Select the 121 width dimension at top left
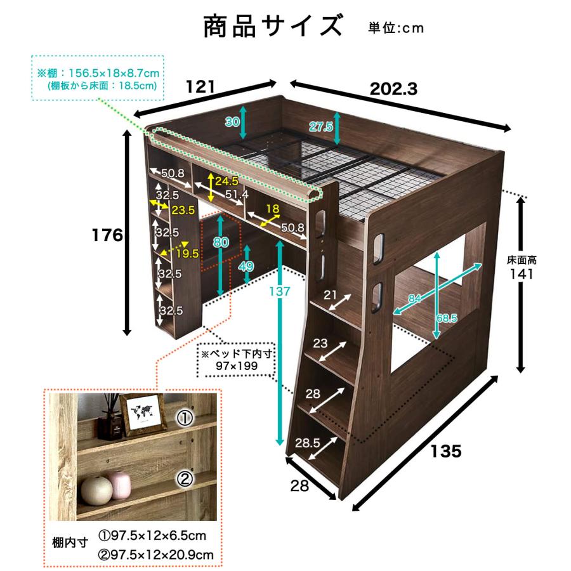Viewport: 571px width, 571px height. pyautogui.click(x=200, y=86)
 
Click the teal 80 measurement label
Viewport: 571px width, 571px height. pyautogui.click(x=220, y=242)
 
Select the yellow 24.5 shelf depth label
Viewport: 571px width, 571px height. pyautogui.click(x=226, y=181)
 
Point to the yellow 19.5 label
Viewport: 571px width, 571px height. pyautogui.click(x=187, y=254)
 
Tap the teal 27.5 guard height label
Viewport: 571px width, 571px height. pyautogui.click(x=321, y=127)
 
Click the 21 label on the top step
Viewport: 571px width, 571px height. pyautogui.click(x=331, y=294)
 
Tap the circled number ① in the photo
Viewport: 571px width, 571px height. pyautogui.click(x=184, y=418)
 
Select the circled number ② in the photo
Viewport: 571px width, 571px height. pyautogui.click(x=184, y=480)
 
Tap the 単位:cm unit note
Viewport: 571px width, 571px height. pyautogui.click(x=395, y=28)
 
